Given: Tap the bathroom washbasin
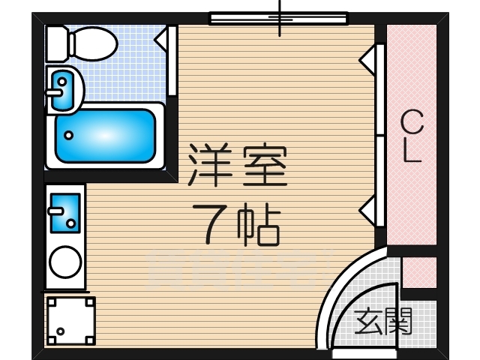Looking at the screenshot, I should click(63, 88).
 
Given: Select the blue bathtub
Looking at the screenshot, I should click(105, 136).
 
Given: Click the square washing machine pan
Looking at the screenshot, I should click(70, 320).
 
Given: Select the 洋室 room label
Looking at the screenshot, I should click(237, 166).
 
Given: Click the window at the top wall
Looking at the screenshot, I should click(278, 18).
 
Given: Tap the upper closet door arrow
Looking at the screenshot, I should click(368, 60).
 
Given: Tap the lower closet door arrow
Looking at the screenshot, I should click(368, 211).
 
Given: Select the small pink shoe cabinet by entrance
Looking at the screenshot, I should click(418, 272).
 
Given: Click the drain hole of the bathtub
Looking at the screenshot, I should click(70, 136).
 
